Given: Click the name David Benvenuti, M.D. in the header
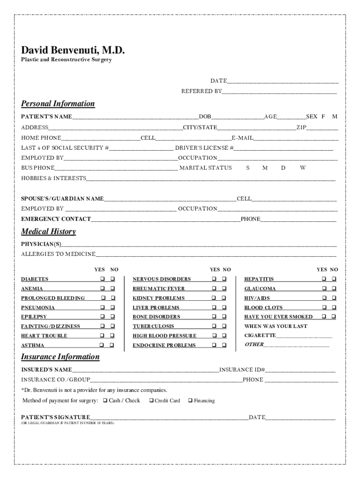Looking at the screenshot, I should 73,50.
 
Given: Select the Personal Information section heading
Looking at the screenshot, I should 58,103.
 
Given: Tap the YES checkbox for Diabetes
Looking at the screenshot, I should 101,279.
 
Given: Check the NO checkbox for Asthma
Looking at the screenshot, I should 112,345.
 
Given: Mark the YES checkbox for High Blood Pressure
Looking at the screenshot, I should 214,336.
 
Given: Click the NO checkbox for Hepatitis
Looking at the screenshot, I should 334,279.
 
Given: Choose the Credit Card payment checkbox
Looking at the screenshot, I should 151,400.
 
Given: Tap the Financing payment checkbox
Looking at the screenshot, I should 190,400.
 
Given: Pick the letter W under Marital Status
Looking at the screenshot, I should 302,168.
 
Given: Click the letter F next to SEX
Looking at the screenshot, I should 323,116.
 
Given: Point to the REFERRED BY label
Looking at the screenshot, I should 202,91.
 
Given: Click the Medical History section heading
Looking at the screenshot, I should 48,232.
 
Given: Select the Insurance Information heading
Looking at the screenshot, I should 60,357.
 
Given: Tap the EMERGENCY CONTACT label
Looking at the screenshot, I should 56,219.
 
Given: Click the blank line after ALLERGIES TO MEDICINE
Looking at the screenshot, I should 215,254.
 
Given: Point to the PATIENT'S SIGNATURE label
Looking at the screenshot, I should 56,417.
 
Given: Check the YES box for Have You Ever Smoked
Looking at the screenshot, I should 323,317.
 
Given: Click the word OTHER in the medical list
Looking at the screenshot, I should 254,345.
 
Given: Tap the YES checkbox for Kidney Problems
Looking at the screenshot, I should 214,298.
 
